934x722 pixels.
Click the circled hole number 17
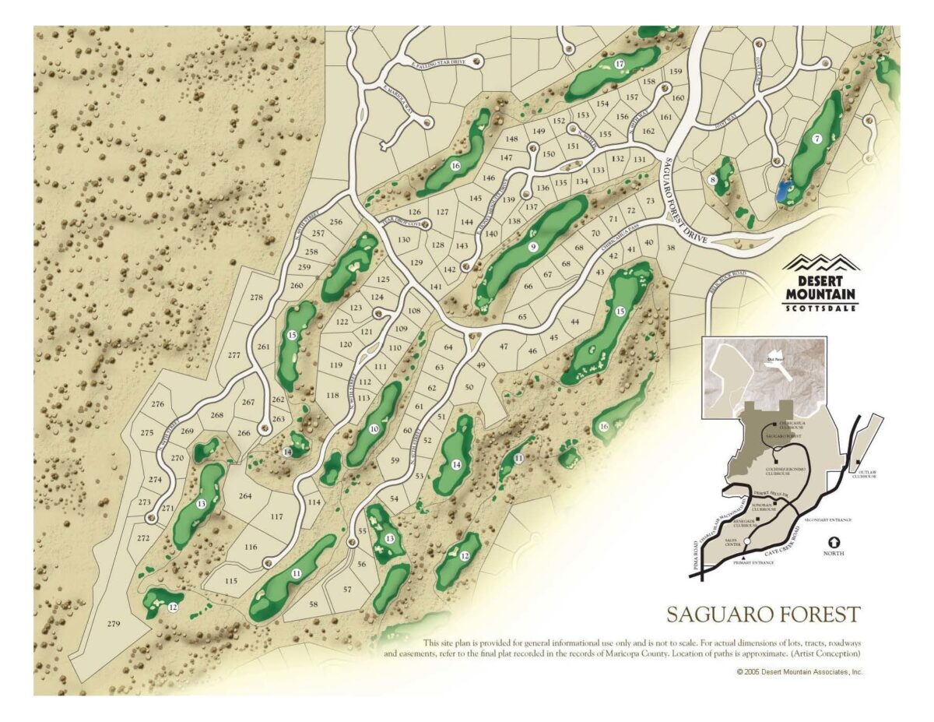point(620,64)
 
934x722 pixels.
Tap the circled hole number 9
point(533,247)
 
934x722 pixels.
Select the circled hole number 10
point(374,428)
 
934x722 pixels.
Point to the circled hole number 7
point(816,139)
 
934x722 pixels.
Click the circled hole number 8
point(712,180)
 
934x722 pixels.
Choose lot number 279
point(114,624)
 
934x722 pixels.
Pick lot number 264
point(245,496)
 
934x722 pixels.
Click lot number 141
point(435,287)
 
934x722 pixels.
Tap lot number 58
point(313,604)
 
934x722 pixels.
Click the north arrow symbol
point(834,541)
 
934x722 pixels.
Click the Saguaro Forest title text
point(763,614)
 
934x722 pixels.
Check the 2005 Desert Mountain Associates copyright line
point(799,671)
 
